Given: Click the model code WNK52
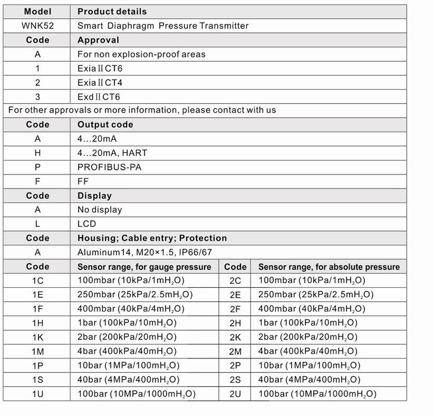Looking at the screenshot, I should coord(37,25).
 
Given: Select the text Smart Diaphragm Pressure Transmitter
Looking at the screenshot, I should coord(163,25).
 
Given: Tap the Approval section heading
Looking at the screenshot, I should coord(98,40).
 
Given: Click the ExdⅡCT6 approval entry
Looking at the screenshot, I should coord(99,96).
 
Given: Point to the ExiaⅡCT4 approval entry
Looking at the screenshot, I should coord(100,82).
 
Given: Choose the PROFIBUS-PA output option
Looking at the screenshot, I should coord(109,167).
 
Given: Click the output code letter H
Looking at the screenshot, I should coord(37,153).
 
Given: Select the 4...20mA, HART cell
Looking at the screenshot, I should coord(112,153).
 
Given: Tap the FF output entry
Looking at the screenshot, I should coord(83,181).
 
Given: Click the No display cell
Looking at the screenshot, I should coord(100,209).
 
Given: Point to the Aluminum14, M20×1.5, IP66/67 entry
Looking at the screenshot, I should coord(144,252).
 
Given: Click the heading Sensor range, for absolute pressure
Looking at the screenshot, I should coord(329,267).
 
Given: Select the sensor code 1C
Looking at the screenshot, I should coord(37,280).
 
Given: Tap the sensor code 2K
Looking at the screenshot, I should coord(235,337).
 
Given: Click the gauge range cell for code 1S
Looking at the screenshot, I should coord(128,380).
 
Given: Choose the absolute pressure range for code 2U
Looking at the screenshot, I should coord(317,394).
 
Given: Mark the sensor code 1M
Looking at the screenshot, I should coord(37,351).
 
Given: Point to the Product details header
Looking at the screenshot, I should coord(112,11).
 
